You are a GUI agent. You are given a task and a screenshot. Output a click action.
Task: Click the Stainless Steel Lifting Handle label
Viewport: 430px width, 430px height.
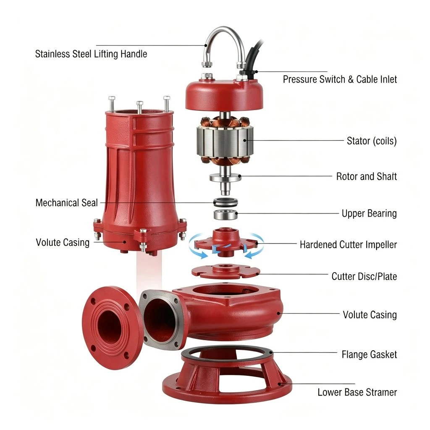(91, 54)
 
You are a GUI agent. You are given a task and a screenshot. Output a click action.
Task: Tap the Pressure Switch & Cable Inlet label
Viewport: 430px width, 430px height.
(340, 79)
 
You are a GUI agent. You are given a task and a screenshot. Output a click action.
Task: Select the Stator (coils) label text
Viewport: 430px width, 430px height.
(372, 141)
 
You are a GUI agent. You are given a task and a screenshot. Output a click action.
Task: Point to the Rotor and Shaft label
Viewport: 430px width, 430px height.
(366, 176)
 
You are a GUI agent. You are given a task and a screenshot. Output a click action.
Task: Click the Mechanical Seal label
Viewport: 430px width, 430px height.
(67, 203)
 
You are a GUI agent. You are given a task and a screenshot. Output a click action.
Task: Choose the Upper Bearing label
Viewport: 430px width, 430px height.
(369, 213)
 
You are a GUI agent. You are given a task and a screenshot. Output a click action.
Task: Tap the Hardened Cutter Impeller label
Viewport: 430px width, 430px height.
(348, 244)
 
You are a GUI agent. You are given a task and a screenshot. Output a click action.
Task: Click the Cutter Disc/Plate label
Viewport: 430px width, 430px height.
(364, 276)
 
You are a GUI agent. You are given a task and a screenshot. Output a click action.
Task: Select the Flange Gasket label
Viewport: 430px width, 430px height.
(369, 354)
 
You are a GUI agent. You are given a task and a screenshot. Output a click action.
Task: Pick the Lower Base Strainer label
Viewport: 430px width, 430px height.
(357, 392)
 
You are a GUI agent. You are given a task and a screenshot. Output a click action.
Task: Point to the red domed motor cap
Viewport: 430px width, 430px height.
(224, 94)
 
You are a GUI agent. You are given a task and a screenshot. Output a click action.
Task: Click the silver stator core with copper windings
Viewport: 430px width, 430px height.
(225, 140)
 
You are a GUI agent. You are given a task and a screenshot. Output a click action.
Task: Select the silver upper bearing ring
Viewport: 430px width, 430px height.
(225, 214)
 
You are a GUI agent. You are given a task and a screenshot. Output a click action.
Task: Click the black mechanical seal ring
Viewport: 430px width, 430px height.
(225, 203)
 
